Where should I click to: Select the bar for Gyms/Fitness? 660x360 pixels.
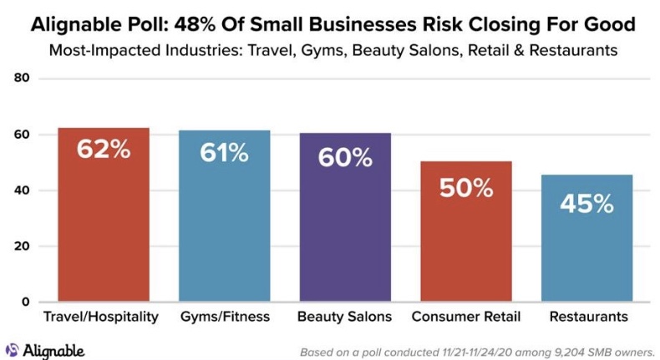point(224,217)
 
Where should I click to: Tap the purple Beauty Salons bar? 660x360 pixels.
point(345,218)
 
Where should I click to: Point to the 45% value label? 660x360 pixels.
point(586,203)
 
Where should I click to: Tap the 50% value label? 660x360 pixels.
point(466,188)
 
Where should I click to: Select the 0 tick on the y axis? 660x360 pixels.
point(25,302)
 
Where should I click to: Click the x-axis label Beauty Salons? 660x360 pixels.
point(345,317)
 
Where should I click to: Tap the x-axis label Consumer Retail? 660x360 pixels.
point(466,317)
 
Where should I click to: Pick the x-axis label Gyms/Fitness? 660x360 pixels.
point(224,317)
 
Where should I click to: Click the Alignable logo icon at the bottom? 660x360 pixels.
point(13,350)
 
